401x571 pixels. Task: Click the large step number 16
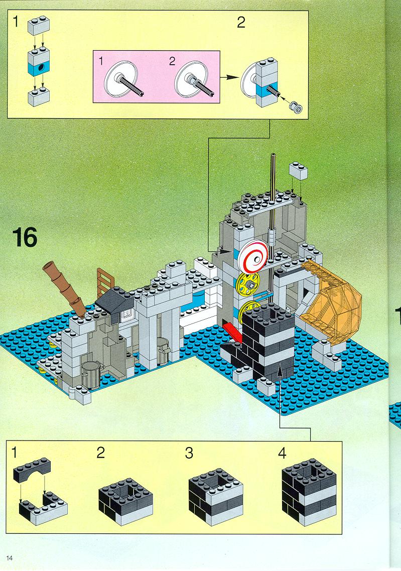(x=25, y=237)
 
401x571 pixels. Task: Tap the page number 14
(x=10, y=558)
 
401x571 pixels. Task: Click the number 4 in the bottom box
(x=282, y=453)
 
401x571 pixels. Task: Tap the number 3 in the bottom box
(x=189, y=453)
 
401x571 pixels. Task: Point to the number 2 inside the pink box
(x=172, y=61)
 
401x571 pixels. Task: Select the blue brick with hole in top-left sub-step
(x=39, y=68)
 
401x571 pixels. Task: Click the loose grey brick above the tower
(x=299, y=170)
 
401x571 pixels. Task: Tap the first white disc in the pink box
(x=120, y=78)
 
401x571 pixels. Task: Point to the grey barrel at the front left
(x=90, y=375)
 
